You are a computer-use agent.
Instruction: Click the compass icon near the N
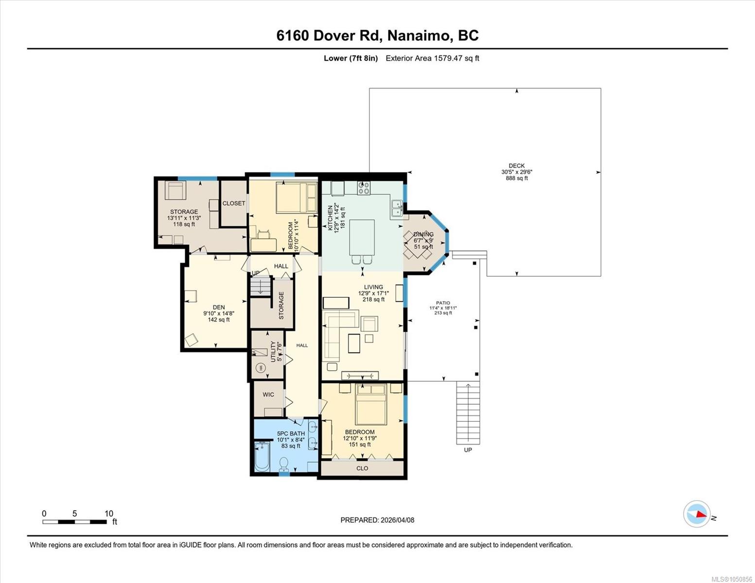click(697, 514)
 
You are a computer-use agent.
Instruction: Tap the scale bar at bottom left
click(75, 522)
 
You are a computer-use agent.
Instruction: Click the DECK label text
click(517, 166)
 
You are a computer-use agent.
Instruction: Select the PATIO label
click(443, 303)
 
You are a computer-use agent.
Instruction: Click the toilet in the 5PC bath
click(284, 464)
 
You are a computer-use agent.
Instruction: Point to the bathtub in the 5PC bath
click(262, 457)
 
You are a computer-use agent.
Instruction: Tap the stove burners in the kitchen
click(364, 188)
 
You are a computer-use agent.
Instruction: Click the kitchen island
click(362, 238)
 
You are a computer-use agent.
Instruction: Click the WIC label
click(268, 394)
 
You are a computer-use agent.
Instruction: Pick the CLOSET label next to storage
click(234, 203)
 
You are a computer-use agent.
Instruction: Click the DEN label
click(219, 308)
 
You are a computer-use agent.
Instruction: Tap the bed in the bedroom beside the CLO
click(371, 404)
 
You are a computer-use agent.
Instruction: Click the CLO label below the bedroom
click(362, 468)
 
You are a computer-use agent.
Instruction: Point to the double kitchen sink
click(397, 208)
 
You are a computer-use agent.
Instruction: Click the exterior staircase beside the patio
click(468, 413)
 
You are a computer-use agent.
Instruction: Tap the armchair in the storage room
click(175, 190)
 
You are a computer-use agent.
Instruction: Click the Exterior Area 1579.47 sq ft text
click(432, 58)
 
